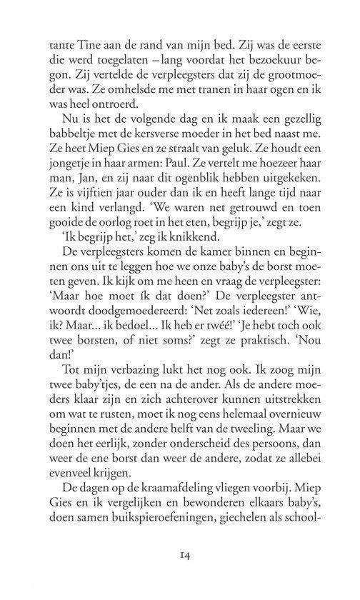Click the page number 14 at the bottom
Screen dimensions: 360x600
[179, 554]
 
